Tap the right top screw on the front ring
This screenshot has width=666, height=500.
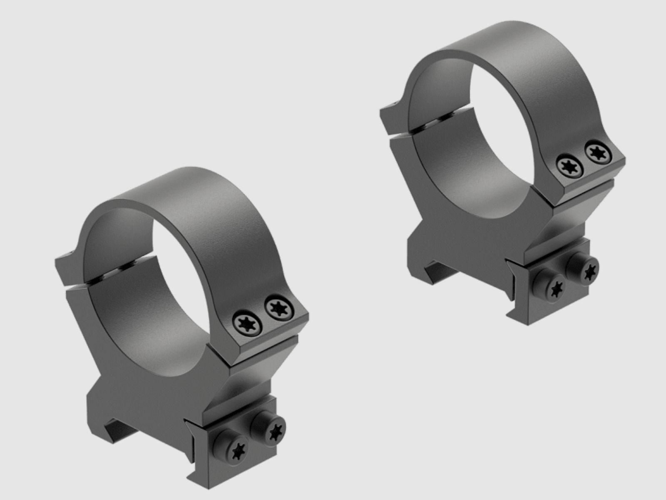(277, 308)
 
